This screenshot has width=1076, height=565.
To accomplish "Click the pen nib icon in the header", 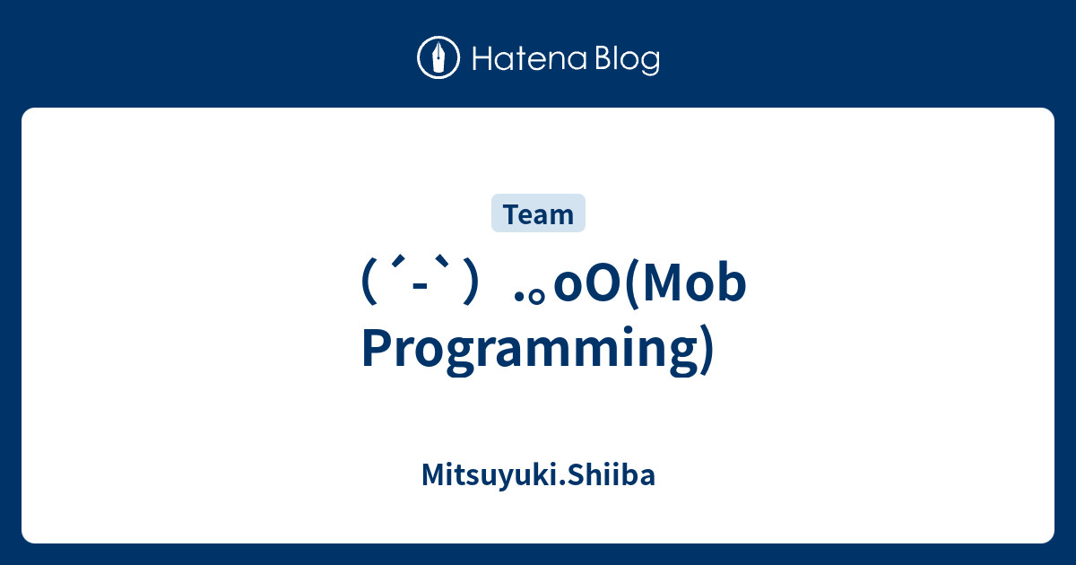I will pyautogui.click(x=438, y=58).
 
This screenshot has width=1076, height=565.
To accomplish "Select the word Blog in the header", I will pyautogui.click(x=625, y=60).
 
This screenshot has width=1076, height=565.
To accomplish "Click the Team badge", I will pyautogui.click(x=538, y=214).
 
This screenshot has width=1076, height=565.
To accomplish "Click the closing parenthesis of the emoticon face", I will pyautogui.click(x=467, y=289).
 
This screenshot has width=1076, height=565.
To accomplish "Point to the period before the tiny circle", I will pyautogui.click(x=521, y=300).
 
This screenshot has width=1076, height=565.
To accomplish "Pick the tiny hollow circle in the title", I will pyautogui.click(x=540, y=299).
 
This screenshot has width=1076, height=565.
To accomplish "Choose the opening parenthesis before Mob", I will pyautogui.click(x=630, y=289).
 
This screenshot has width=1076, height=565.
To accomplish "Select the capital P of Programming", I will pyautogui.click(x=377, y=348).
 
